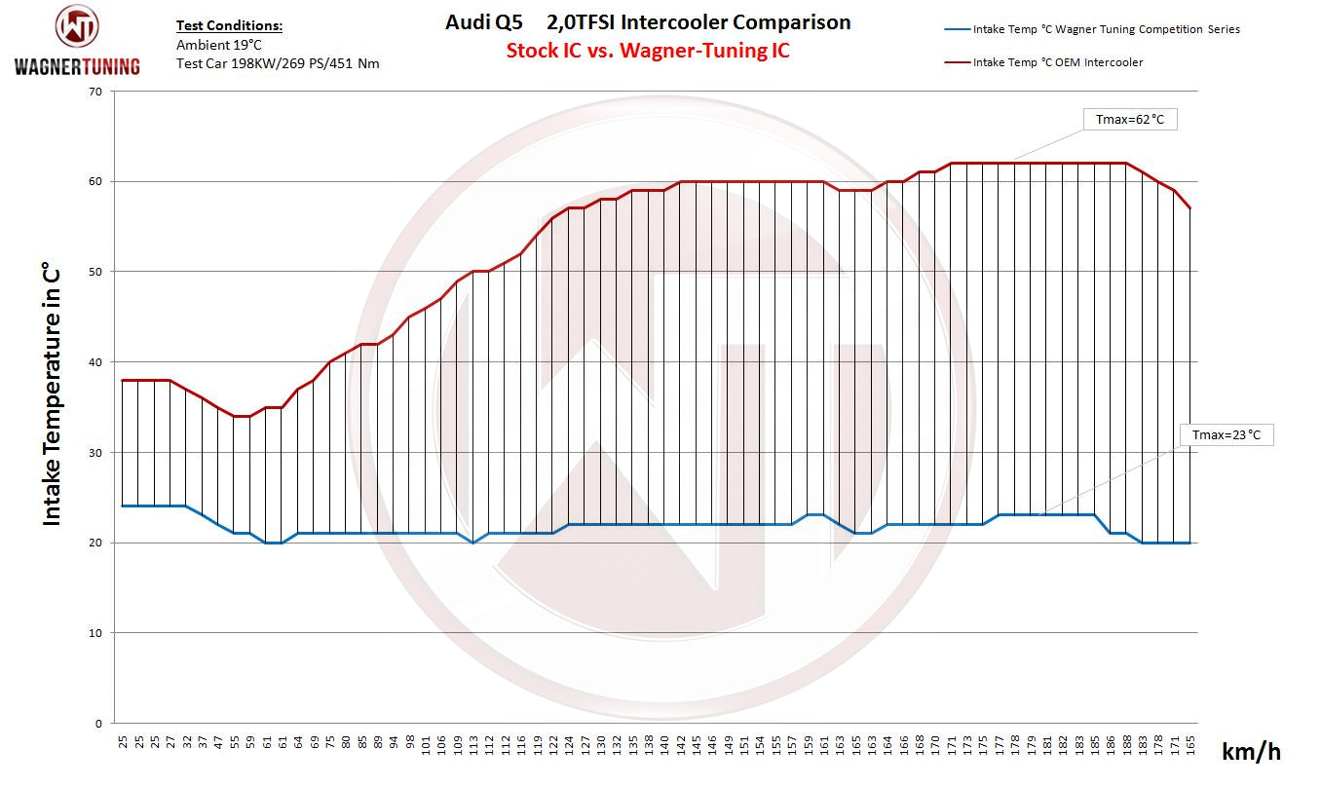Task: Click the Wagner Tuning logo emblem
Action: click(x=77, y=27)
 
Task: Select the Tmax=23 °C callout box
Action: click(x=1226, y=434)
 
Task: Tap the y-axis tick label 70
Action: click(x=94, y=92)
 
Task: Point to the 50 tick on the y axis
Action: click(x=94, y=272)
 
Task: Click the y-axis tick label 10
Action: click(x=94, y=633)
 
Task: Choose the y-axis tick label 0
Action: click(x=98, y=724)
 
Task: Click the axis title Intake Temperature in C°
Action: click(x=52, y=394)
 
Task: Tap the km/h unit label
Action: click(x=1251, y=751)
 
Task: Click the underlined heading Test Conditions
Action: click(x=229, y=26)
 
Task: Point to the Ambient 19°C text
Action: click(x=218, y=45)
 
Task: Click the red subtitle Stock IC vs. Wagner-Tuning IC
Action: click(x=648, y=51)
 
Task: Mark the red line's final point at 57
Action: click(x=1190, y=208)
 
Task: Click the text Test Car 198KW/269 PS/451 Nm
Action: click(x=278, y=63)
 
